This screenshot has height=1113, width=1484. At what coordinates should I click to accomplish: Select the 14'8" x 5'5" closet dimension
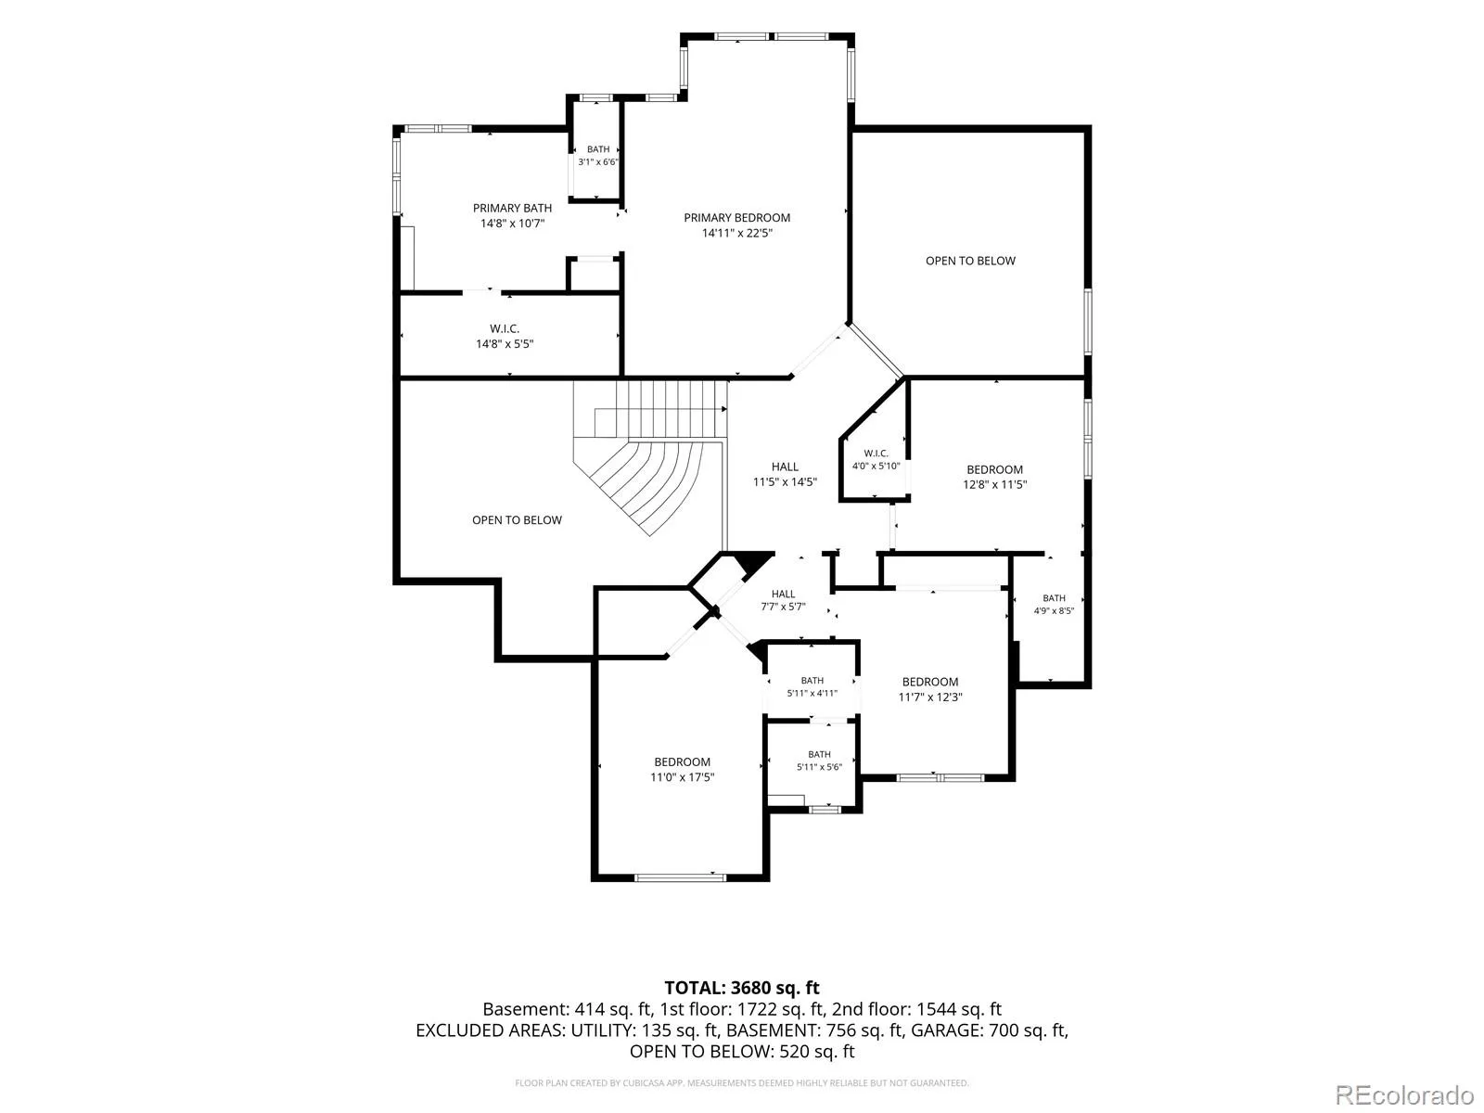coord(505,344)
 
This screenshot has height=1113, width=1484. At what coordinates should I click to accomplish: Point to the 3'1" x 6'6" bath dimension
coord(597,162)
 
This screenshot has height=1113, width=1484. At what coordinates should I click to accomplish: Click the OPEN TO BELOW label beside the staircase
coord(517,519)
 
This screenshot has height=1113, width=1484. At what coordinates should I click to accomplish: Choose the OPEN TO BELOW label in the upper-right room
coord(970,261)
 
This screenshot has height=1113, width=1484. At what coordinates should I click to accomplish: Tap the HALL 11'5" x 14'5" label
coord(785,474)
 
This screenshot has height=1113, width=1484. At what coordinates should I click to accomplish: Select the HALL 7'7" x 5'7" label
coord(783,600)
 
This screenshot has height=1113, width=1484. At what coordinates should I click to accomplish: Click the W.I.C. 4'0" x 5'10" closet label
coord(876,459)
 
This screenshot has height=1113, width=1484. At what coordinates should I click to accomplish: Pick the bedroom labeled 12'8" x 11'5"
coord(994,477)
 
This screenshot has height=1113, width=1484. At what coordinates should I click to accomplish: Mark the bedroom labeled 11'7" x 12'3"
coord(929,689)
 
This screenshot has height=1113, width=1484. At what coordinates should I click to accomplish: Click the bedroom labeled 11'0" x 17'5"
coord(682,769)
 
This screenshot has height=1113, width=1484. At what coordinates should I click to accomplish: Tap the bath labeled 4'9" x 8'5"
coord(1054,604)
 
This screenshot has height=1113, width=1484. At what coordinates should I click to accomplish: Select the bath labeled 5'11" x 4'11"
coord(812,686)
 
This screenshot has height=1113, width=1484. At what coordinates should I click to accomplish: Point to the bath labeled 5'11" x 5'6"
coord(819,761)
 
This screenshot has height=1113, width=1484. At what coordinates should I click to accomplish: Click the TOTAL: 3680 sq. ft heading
coord(742,988)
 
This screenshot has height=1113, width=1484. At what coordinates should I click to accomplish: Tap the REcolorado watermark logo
coord(1404,1094)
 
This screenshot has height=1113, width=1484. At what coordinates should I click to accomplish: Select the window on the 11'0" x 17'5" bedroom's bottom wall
coord(680,877)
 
